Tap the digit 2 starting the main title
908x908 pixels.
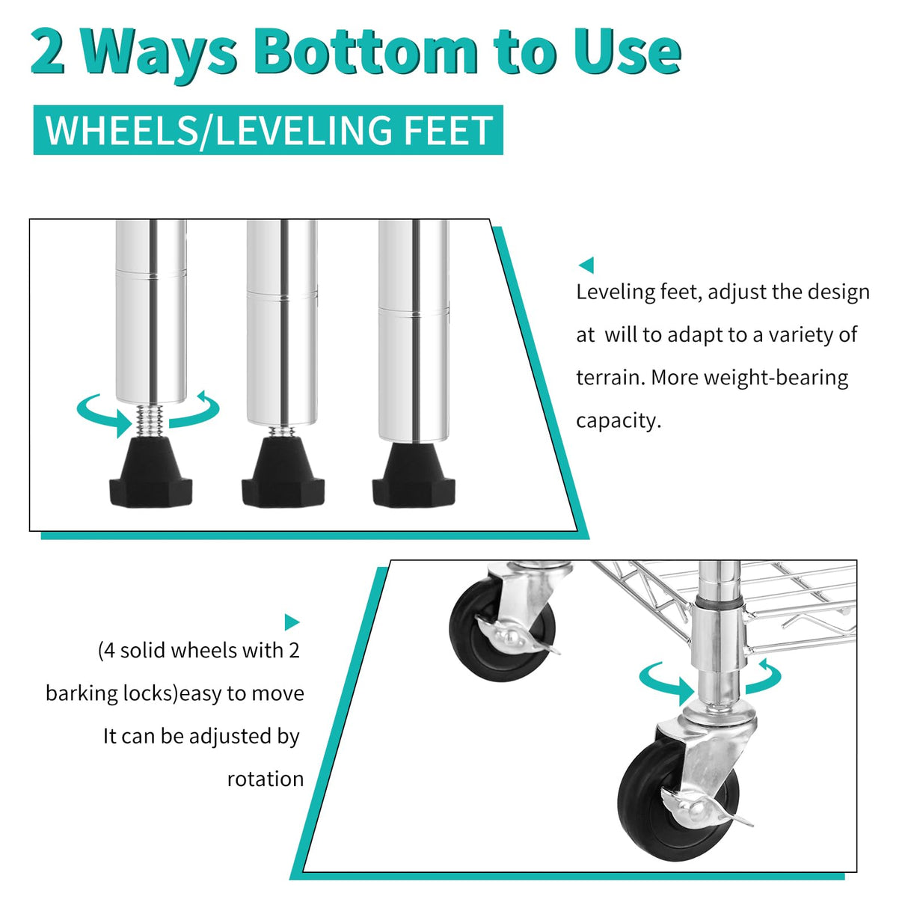tap(47, 51)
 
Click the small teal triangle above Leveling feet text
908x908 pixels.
tap(586, 265)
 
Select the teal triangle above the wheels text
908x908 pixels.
tap(292, 622)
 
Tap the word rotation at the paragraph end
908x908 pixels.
tap(266, 779)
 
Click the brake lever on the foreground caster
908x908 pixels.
tap(707, 809)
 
